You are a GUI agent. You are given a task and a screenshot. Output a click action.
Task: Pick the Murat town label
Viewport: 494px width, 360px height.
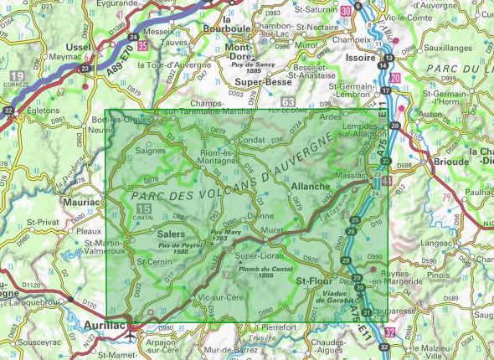(269, 229)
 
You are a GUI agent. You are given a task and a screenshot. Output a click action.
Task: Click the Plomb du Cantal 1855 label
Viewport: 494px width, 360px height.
(256, 273)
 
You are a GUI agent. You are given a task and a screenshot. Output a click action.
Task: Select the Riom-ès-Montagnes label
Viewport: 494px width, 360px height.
(224, 156)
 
